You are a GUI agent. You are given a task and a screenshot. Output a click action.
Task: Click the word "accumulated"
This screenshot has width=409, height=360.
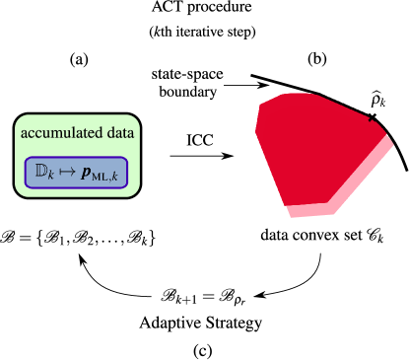[64, 132]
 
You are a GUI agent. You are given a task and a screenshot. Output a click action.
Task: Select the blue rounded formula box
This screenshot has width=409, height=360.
[77, 174]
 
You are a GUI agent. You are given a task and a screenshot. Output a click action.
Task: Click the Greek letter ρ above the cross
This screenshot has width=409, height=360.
[375, 101]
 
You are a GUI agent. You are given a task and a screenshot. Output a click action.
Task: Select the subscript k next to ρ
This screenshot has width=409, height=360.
[384, 105]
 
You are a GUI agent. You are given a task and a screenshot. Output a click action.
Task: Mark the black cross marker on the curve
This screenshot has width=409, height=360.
[372, 117]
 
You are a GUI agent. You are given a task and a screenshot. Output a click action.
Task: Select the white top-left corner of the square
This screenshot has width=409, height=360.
[258, 97]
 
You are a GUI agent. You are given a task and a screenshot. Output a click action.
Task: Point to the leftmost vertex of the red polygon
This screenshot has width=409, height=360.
[256, 129]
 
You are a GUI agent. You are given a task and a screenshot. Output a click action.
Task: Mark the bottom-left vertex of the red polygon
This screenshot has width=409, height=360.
[286, 205]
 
